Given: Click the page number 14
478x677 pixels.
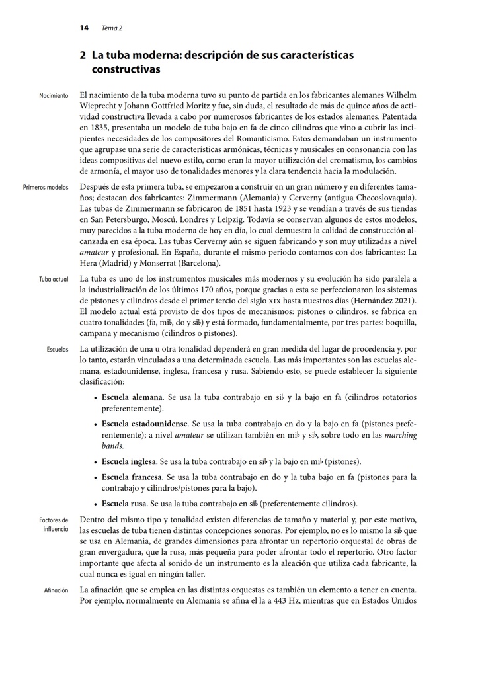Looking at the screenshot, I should [x=84, y=28].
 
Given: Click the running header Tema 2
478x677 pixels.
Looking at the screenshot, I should [x=112, y=28].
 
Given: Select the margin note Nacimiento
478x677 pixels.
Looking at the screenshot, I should [x=54, y=96].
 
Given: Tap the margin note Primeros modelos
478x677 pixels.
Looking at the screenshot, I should [x=45, y=188].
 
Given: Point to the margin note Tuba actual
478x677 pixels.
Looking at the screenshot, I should [x=54, y=280].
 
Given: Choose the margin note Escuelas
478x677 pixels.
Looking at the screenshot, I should [x=58, y=348].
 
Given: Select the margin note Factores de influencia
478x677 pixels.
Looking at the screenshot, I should [x=54, y=525].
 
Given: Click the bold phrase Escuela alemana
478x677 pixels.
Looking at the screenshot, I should [x=132, y=398].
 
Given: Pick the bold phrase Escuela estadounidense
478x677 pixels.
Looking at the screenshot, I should [x=145, y=423].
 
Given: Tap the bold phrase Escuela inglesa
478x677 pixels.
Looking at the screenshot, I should [x=128, y=461].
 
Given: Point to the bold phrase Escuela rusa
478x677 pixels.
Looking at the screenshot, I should [x=124, y=503].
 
